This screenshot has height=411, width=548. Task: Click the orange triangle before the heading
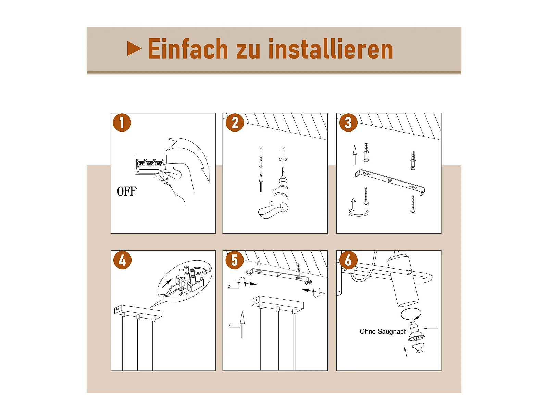coord(134,48)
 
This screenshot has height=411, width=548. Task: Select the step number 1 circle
coord(122,123)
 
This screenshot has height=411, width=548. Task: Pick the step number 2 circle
coord(235,123)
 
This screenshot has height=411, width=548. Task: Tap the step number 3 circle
coord(348,123)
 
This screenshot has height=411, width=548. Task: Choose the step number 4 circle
coord(122,260)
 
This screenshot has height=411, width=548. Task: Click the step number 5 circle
coord(234,260)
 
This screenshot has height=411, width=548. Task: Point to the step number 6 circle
coord(348,260)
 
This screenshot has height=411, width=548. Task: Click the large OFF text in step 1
coord(127,191)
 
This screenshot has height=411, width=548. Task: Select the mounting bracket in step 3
coord(390,182)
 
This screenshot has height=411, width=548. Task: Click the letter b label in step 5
coord(229,286)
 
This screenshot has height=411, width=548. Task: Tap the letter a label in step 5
coord(230,325)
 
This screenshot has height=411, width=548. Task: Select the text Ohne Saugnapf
coord(383,332)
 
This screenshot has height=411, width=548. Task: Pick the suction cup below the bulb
coord(419,348)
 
